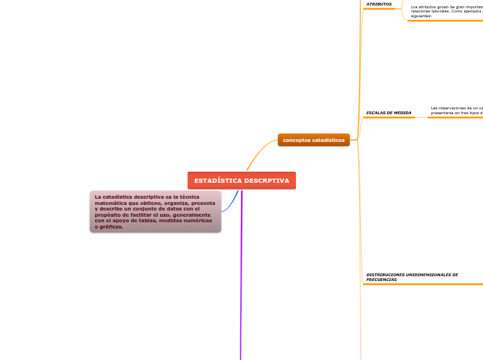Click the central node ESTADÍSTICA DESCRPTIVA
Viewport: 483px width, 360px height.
point(241,181)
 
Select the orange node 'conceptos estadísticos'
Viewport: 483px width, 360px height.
point(313,140)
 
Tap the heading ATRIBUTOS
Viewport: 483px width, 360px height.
point(378,4)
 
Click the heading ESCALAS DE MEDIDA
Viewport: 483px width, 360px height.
point(388,112)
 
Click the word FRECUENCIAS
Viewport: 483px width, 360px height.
point(381,280)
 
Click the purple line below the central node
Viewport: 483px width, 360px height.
point(241,277)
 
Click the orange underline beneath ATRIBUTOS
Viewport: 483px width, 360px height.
point(379,9)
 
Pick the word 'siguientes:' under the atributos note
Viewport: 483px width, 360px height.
point(421,15)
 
